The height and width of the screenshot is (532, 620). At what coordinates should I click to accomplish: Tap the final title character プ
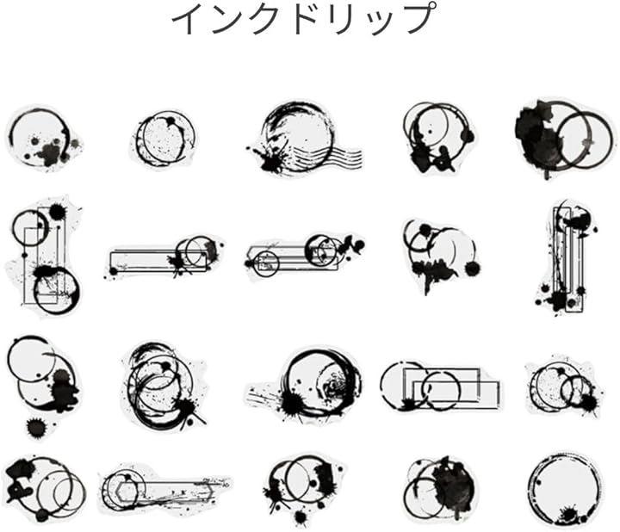(x=421, y=18)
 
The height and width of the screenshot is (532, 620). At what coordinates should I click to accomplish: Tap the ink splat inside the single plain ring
(x=571, y=514)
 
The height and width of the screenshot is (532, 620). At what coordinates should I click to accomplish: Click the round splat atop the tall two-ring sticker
(x=58, y=213)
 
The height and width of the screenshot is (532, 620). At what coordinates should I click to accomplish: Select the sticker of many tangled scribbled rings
(x=163, y=386)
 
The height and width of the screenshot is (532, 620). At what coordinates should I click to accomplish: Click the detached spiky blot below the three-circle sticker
(x=35, y=427)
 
